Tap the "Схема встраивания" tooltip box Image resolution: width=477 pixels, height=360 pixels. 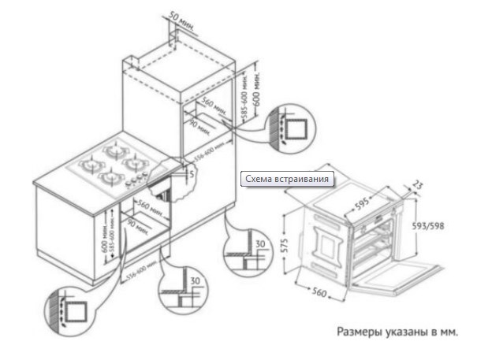[288, 180]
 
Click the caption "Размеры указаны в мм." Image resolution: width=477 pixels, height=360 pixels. [398, 332]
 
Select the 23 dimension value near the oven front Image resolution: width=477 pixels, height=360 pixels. [418, 187]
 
